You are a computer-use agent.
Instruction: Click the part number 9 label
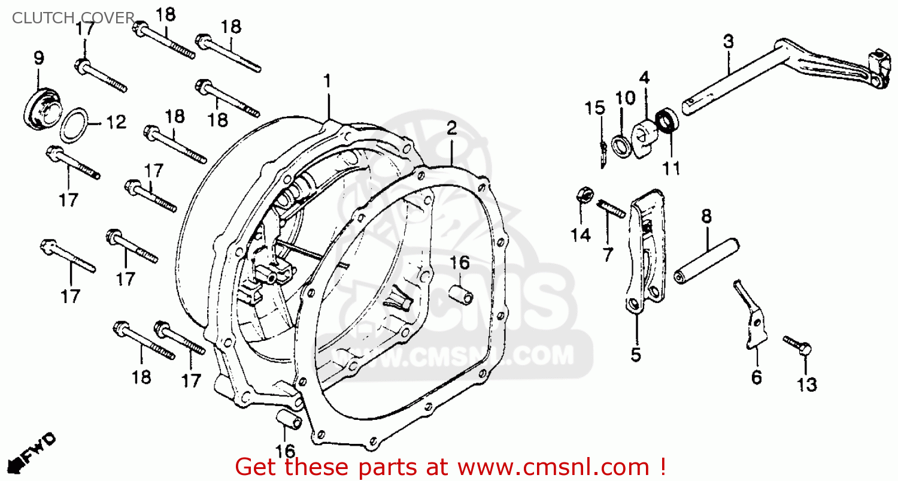[x=39, y=58]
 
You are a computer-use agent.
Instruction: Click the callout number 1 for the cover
[x=327, y=80]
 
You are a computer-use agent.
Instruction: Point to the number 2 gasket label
[x=451, y=127]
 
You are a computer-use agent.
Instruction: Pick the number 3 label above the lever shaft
[x=728, y=42]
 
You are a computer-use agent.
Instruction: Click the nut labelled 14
[x=584, y=195]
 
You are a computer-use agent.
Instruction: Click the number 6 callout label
[x=757, y=377]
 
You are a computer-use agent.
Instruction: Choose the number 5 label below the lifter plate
[x=635, y=355]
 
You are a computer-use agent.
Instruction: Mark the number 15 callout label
[x=595, y=108]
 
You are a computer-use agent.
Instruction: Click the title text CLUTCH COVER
[x=74, y=19]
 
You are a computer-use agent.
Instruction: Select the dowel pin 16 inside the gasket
[x=462, y=295]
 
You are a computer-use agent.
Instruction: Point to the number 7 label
[x=608, y=255]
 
